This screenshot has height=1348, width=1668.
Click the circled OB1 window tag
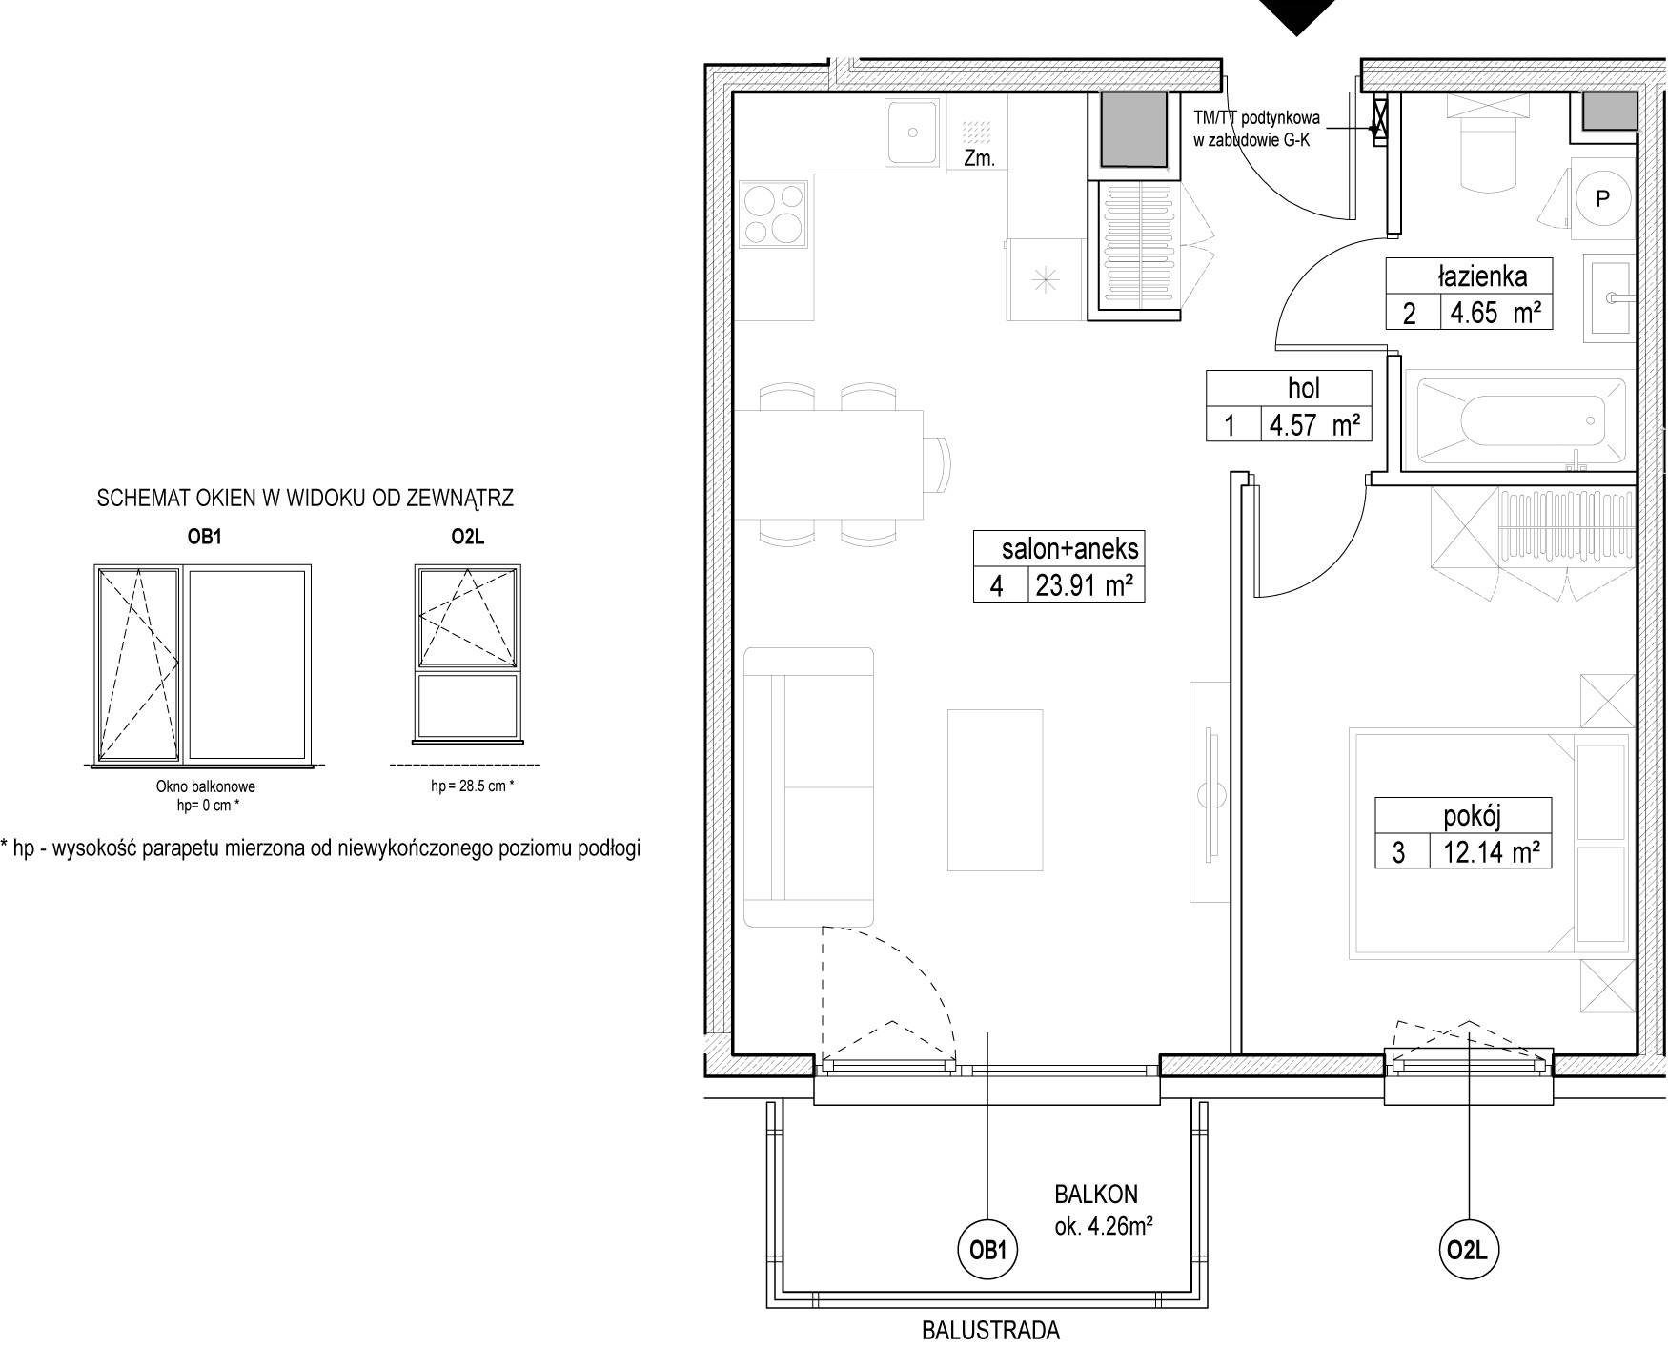pyautogui.click(x=988, y=1249)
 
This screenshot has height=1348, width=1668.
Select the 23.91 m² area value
pyautogui.click(x=1084, y=585)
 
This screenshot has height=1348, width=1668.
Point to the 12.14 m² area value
pyautogui.click(x=1491, y=851)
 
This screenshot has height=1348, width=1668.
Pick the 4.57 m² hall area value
pyautogui.click(x=1314, y=424)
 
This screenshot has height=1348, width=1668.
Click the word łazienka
pyautogui.click(x=1482, y=276)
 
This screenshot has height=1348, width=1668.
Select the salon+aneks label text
pyautogui.click(x=1069, y=549)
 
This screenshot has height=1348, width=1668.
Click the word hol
pyautogui.click(x=1303, y=388)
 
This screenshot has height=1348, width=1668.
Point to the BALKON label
pyautogui.click(x=1095, y=1194)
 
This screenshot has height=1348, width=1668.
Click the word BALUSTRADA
pyautogui.click(x=990, y=1330)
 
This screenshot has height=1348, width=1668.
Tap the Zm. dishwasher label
pyautogui.click(x=979, y=159)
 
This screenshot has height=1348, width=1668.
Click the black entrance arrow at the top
pyautogui.click(x=1296, y=17)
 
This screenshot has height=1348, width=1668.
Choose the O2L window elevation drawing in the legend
pyautogui.click(x=468, y=654)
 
